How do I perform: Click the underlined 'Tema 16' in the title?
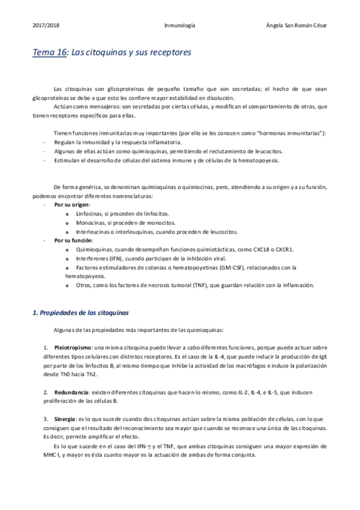[x=49, y=53]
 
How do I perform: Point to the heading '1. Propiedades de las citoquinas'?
[x=79, y=313]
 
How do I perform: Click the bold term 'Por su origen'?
[x=72, y=204]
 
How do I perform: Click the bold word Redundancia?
[x=72, y=375]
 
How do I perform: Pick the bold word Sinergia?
[x=64, y=402]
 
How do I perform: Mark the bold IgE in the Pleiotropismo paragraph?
[x=322, y=357]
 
